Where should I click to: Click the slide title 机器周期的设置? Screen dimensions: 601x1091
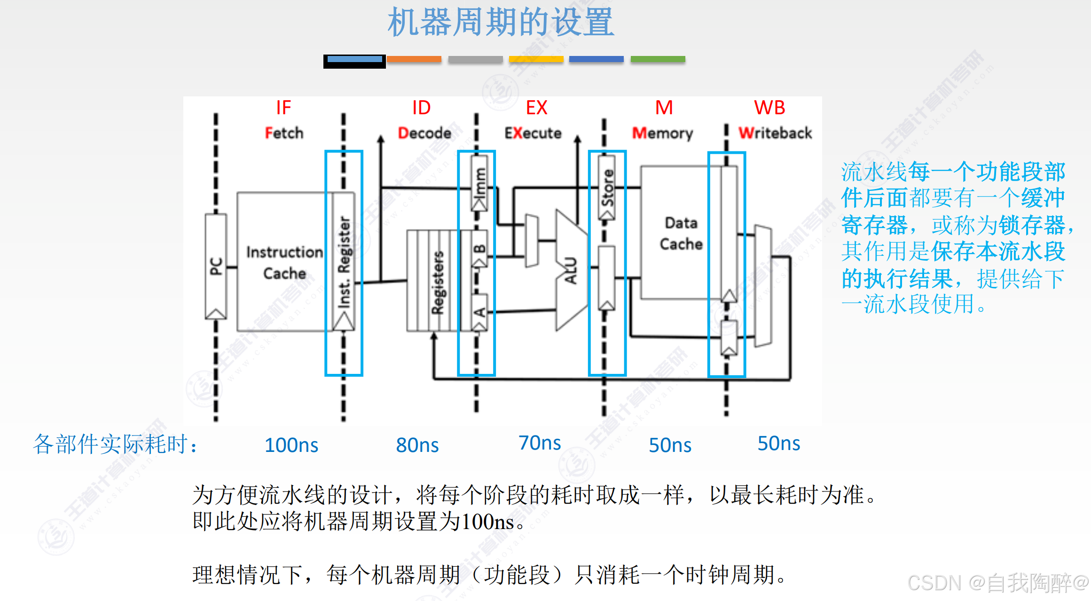501,22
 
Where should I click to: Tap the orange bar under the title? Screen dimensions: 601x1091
414,59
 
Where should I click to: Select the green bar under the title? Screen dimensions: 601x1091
658,59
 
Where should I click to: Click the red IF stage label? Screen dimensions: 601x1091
283,108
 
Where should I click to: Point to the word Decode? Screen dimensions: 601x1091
424,133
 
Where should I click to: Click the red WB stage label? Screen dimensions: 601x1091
769,108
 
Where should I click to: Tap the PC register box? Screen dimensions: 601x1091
216,266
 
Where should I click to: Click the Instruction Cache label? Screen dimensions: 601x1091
284,262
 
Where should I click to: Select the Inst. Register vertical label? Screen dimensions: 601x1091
345,261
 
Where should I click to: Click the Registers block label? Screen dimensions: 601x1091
438,282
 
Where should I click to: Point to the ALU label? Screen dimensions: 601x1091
570,270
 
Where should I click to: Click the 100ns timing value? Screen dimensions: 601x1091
291,445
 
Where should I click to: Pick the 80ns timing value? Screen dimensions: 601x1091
417,445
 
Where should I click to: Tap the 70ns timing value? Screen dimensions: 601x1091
540,443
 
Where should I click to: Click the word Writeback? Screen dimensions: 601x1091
775,133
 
